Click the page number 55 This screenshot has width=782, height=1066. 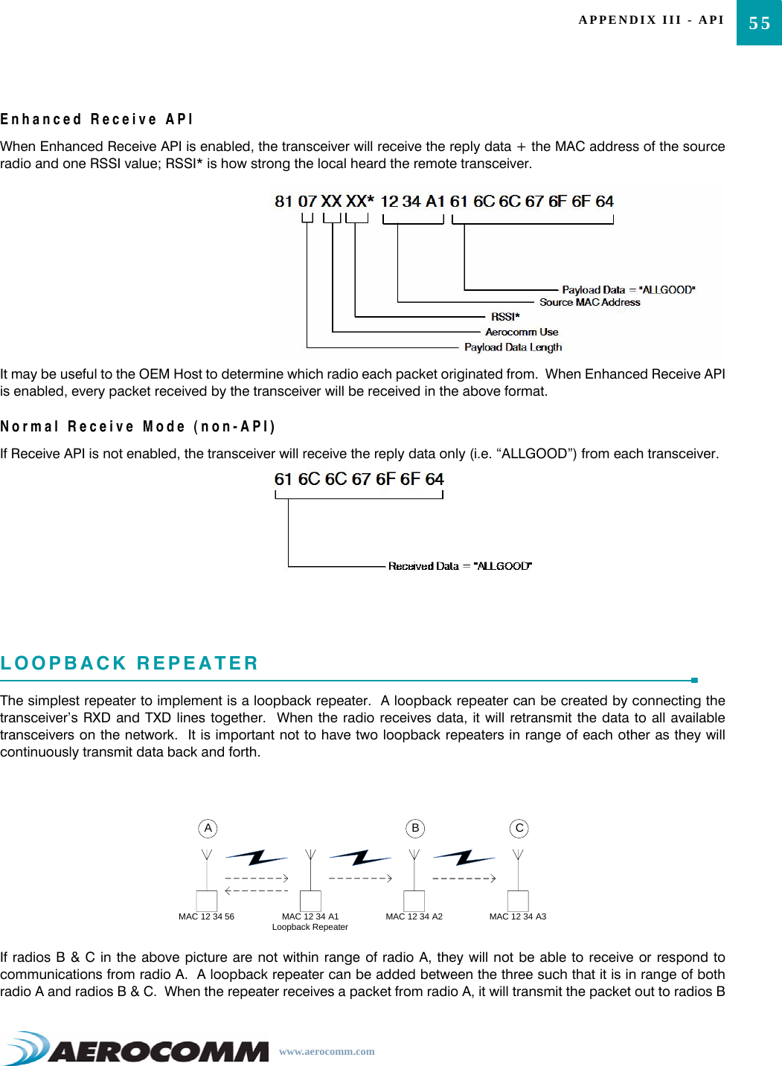tap(759, 23)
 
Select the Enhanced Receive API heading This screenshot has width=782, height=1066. tap(97, 119)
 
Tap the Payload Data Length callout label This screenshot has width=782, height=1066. tap(513, 347)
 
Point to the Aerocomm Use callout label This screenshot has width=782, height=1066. tap(522, 332)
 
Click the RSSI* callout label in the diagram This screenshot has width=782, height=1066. tap(505, 317)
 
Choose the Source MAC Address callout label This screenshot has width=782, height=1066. tap(589, 302)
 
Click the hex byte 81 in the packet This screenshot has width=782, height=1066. tap(283, 202)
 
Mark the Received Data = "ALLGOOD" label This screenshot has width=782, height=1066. tap(460, 566)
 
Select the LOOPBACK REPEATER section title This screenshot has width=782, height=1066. tap(129, 663)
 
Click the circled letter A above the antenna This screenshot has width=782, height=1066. tap(208, 828)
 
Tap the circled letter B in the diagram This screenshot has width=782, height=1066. tap(415, 828)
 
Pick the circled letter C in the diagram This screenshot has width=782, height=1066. tap(519, 828)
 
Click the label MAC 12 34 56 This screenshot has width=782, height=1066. tap(206, 916)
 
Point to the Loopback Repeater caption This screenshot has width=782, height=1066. tap(310, 927)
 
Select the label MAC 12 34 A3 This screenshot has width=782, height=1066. tap(517, 916)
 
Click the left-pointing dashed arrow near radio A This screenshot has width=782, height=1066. tap(256, 890)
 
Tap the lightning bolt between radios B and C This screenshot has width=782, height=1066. tap(464, 858)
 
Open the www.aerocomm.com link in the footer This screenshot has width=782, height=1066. tap(327, 1051)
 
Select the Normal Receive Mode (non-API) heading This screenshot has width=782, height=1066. tap(138, 426)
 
